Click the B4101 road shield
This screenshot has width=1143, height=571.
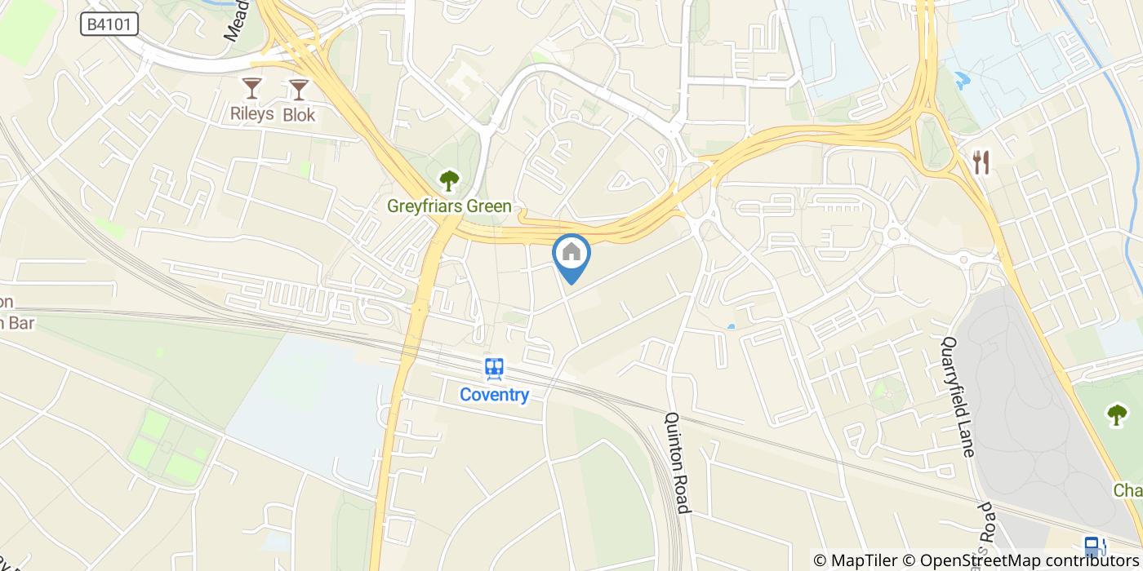tap(109, 24)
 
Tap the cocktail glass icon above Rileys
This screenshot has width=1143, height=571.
tap(251, 88)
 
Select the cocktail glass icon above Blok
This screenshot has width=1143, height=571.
tap(299, 88)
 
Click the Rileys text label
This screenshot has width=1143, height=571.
tap(251, 115)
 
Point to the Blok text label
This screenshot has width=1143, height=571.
tap(299, 115)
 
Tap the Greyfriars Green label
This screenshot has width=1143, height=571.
tap(449, 206)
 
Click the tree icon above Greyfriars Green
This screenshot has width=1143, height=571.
tap(448, 180)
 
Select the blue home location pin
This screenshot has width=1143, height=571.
tap(571, 254)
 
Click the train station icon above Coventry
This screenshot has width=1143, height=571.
tap(494, 370)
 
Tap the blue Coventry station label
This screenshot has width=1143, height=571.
tap(494, 396)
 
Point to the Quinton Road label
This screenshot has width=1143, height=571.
tap(678, 461)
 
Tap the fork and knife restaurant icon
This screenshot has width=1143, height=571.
tap(981, 162)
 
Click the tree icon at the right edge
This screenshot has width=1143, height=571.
tap(1117, 414)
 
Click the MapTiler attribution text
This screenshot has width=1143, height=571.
tap(862, 560)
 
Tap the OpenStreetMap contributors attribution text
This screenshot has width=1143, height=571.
tap(1031, 560)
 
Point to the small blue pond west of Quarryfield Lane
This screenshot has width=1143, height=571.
tap(730, 327)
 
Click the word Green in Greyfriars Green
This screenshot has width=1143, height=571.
tap(489, 206)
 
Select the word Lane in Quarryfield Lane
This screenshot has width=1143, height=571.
tap(968, 432)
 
